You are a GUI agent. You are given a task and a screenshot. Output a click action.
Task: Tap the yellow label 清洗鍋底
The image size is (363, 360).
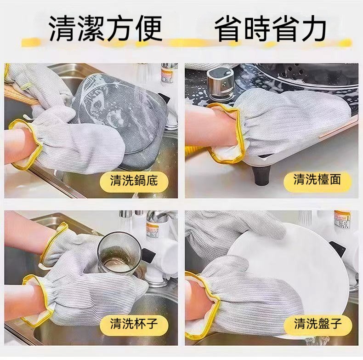134,181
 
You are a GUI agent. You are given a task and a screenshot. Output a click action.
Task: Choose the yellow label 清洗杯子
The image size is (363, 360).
134,323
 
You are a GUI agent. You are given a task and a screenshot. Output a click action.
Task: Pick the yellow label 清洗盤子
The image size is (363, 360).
318,323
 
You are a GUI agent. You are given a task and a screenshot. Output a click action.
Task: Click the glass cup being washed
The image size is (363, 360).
119,253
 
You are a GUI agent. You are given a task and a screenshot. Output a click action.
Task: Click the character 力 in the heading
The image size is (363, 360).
313,29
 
